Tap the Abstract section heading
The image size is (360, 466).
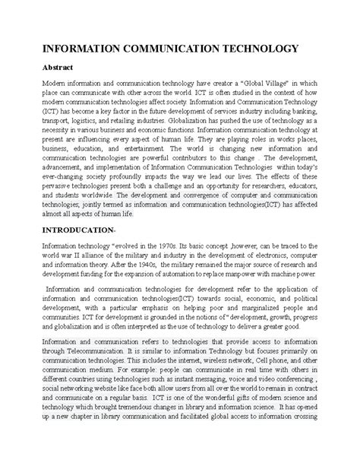click(x=47, y=67)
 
